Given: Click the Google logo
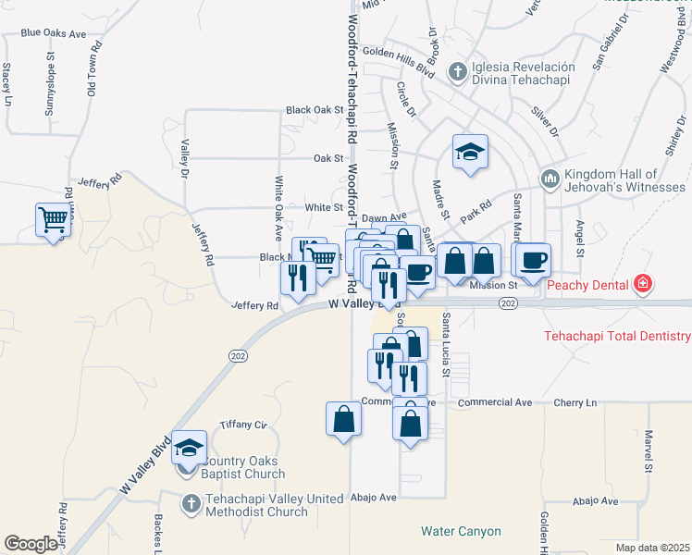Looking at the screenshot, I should pyautogui.click(x=31, y=544).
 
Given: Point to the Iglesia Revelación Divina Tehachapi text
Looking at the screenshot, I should pyautogui.click(x=524, y=73).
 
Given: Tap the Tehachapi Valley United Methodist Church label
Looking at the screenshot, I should pyautogui.click(x=256, y=505).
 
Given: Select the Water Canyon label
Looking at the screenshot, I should pyautogui.click(x=461, y=532).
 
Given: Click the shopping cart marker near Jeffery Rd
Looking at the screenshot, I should pyautogui.click(x=54, y=220).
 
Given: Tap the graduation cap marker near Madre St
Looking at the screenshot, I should pyautogui.click(x=470, y=152).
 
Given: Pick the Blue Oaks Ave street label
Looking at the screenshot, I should pyautogui.click(x=53, y=33).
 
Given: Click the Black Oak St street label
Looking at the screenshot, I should pyautogui.click(x=315, y=109).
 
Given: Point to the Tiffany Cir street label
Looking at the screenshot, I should pyautogui.click(x=242, y=425).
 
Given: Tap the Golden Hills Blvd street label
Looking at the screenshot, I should pyautogui.click(x=399, y=53).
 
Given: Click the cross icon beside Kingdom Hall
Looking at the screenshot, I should pyautogui.click(x=550, y=176).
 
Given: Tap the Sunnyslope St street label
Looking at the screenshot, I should pyautogui.click(x=51, y=90).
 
